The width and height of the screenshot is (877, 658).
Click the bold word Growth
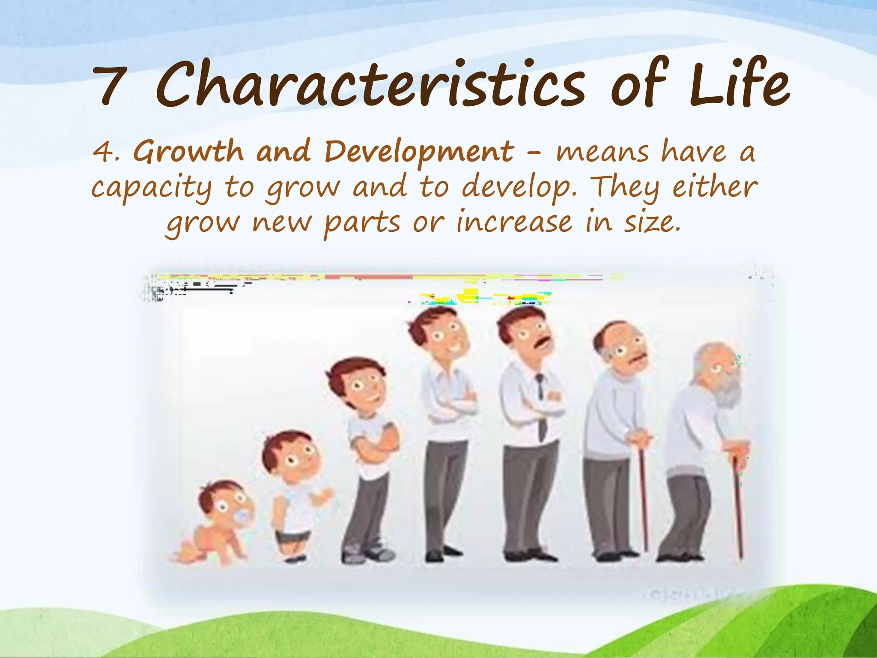pos(188,152)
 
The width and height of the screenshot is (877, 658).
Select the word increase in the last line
pos(514,222)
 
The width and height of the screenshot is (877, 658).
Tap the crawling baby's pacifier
pos(241,518)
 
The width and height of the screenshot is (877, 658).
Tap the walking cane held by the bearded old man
pos(737,505)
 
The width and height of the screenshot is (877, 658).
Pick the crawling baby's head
pos(223,501)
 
